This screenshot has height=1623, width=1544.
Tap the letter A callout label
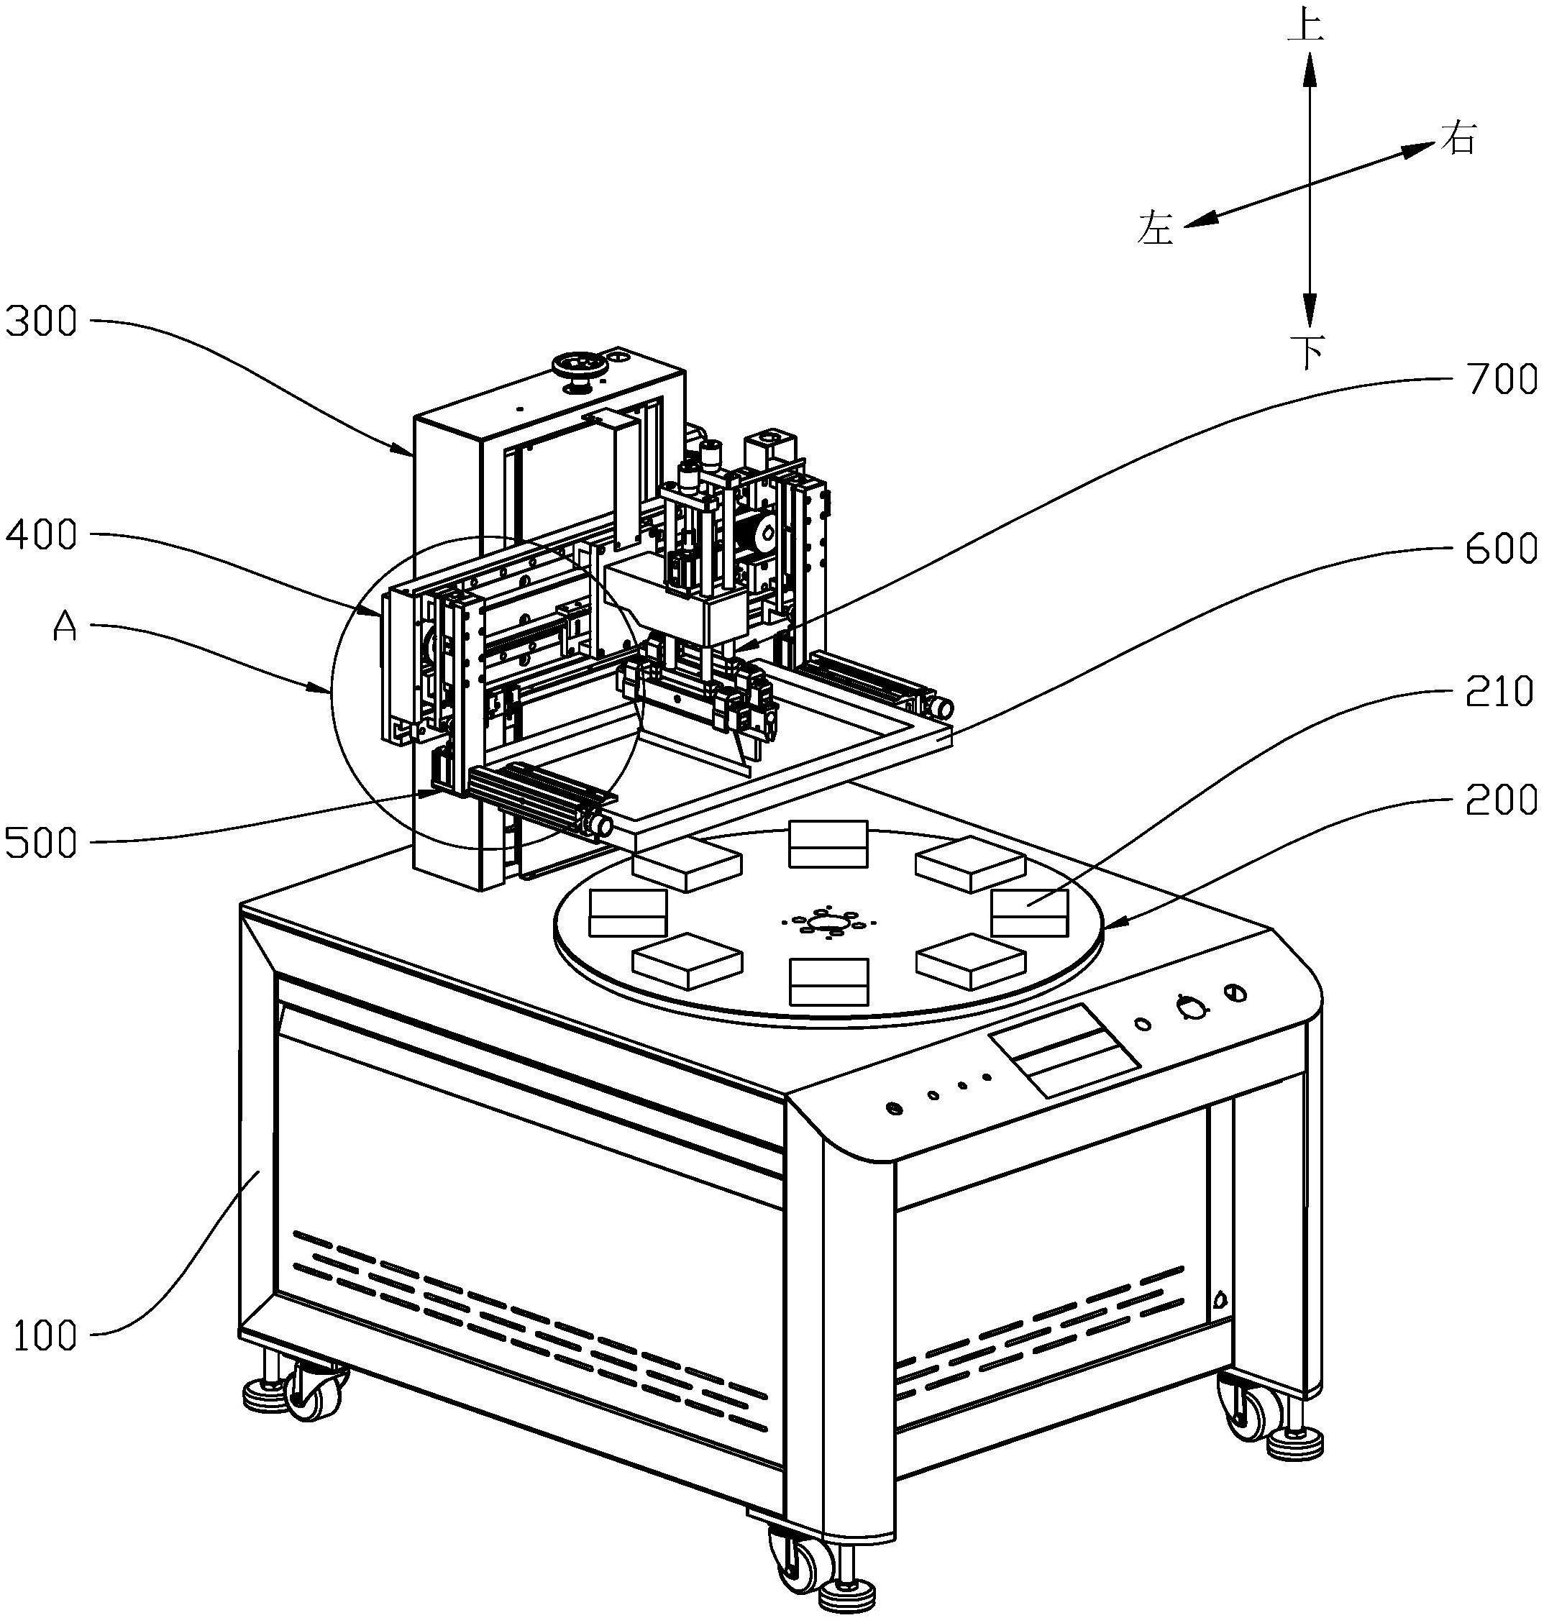point(64,627)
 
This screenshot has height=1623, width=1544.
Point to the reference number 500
point(41,843)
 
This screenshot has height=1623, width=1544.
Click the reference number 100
point(45,1337)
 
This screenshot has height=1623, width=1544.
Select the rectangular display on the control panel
point(1064,1050)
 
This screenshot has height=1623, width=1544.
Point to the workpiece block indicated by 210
point(1029,912)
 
